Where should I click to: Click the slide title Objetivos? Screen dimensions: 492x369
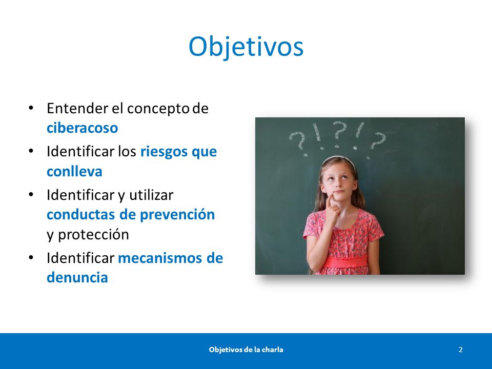coord(246,47)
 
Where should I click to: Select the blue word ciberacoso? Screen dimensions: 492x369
coord(82,128)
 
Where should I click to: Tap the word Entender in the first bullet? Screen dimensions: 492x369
coord(77,109)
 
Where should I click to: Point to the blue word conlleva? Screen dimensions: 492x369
coord(74,171)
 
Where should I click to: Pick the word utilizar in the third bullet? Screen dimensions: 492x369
coord(151,195)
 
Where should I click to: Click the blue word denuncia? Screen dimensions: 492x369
coord(77,277)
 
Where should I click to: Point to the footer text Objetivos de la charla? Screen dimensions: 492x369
coord(246,350)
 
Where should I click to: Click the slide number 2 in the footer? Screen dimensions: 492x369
coord(461,350)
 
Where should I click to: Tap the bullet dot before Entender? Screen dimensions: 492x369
coord(31,108)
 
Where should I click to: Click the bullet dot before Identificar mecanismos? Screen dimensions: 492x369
coord(31,258)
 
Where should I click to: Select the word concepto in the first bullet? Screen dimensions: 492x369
coord(158,109)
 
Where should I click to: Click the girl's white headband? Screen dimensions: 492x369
coord(339,159)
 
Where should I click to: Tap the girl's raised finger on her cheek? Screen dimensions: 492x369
coord(329,201)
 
